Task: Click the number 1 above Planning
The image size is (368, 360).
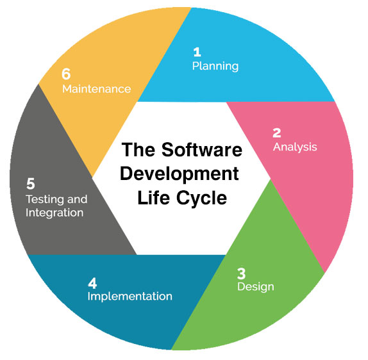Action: [x=197, y=52]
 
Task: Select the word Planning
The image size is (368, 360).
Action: [x=215, y=67]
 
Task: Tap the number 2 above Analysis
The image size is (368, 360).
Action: [x=277, y=133]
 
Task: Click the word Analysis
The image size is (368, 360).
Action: [x=295, y=147]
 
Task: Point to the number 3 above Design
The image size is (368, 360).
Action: [x=241, y=274]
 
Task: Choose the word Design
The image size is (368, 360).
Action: [x=256, y=287]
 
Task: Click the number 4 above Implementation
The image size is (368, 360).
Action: [x=92, y=283]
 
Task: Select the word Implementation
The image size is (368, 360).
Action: [x=130, y=297]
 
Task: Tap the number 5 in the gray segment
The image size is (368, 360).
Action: [x=31, y=184]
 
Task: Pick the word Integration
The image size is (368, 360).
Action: [x=54, y=213]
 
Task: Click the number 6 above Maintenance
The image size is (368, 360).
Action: [x=66, y=74]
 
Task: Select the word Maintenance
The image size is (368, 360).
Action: [x=96, y=89]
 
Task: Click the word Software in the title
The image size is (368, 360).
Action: [x=202, y=150]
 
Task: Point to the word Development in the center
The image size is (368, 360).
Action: [x=180, y=174]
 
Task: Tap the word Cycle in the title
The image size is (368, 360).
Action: [x=201, y=199]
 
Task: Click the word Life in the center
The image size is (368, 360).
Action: [x=153, y=198]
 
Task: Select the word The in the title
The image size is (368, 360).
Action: [x=138, y=150]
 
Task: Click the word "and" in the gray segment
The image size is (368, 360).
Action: [x=77, y=199]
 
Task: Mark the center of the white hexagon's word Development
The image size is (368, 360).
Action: [x=180, y=174]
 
